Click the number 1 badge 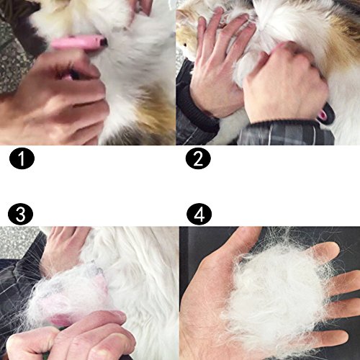22,158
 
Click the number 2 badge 198,158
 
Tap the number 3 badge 20,215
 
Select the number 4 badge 199,215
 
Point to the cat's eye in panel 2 185,45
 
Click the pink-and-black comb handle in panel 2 325,112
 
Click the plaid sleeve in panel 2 286,133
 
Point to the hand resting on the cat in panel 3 63,250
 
